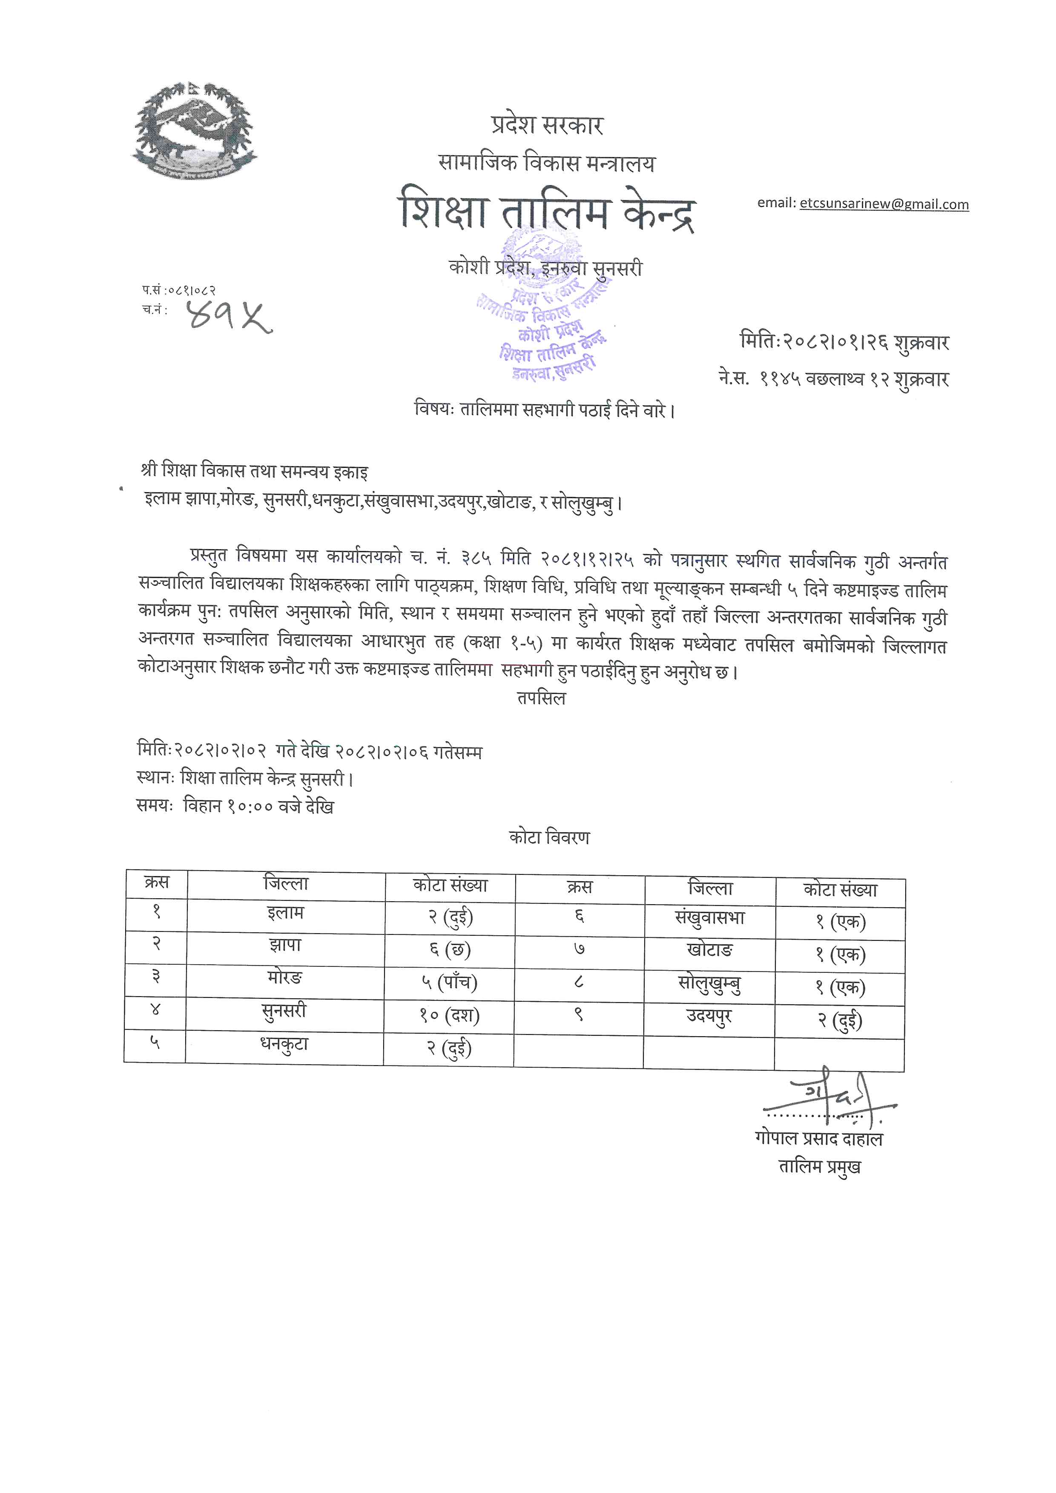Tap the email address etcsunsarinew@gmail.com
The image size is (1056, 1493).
pyautogui.click(x=884, y=204)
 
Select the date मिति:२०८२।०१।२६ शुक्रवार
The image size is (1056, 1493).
pyautogui.click(x=844, y=342)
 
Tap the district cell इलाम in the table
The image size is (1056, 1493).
pyautogui.click(x=285, y=914)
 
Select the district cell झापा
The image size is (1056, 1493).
pyautogui.click(x=285, y=946)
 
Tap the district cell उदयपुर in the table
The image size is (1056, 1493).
pyautogui.click(x=709, y=1016)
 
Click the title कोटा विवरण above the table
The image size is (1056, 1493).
pyautogui.click(x=549, y=837)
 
